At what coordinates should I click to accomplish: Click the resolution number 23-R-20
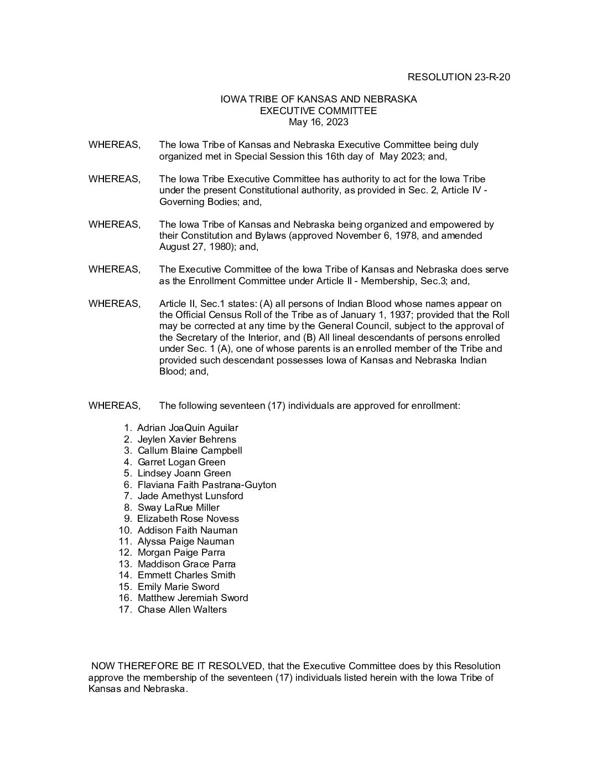pyautogui.click(x=491, y=77)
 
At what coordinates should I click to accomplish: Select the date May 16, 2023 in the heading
pyautogui.click(x=319, y=122)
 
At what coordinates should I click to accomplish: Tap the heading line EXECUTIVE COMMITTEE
pyautogui.click(x=319, y=111)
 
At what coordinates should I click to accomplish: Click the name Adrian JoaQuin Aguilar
pyautogui.click(x=188, y=428)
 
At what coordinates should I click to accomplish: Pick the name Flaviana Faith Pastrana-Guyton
pyautogui.click(x=207, y=485)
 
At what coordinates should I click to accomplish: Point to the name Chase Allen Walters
pyautogui.click(x=182, y=609)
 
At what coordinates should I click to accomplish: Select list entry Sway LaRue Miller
pyautogui.click(x=178, y=507)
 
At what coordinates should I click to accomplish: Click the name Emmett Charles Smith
pyautogui.click(x=186, y=575)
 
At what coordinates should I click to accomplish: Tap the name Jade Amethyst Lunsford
pyautogui.click(x=190, y=496)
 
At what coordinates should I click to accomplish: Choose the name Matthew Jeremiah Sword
pyautogui.click(x=193, y=598)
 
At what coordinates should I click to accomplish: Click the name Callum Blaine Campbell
pyautogui.click(x=190, y=450)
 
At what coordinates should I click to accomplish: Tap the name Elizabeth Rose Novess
pyautogui.click(x=188, y=519)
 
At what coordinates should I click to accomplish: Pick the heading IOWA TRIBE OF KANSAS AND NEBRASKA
pyautogui.click(x=319, y=99)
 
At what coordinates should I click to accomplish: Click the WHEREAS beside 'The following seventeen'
pyautogui.click(x=115, y=406)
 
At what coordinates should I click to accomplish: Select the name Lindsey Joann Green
pyautogui.click(x=184, y=473)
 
